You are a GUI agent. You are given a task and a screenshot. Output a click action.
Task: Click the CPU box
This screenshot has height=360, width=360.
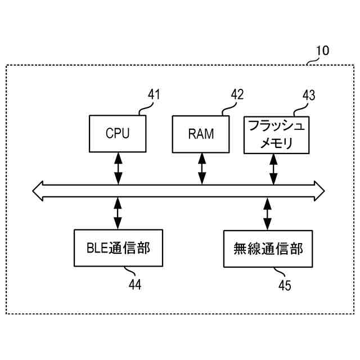click(118, 133)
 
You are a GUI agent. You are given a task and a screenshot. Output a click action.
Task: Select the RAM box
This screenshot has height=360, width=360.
click(201, 134)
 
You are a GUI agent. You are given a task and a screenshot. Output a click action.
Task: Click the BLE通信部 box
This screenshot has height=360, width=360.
click(118, 247)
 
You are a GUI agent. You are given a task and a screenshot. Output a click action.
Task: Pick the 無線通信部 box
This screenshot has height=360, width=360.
click(268, 248)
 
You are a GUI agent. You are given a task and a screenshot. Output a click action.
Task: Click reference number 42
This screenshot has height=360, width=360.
click(237, 94)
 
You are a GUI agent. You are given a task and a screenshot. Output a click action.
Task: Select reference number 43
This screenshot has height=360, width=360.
click(309, 94)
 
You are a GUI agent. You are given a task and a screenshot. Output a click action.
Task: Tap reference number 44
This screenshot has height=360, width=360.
click(134, 285)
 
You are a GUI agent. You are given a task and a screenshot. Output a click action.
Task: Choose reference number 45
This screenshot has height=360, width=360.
click(285, 286)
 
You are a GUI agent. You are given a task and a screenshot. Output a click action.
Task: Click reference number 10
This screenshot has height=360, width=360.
click(322, 51)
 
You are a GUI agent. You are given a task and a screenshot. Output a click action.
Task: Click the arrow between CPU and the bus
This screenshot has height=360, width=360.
click(118, 168)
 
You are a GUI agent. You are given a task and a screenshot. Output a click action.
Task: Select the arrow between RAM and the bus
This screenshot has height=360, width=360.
click(201, 168)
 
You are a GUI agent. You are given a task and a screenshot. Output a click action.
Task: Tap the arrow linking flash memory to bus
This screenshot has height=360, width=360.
click(274, 169)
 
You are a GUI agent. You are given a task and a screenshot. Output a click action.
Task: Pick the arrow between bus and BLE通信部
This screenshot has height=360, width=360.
click(118, 213)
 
